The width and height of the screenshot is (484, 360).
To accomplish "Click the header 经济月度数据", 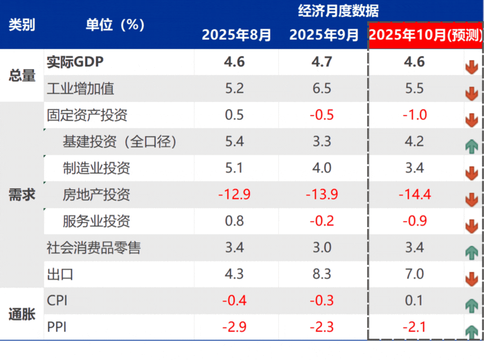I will (338, 11).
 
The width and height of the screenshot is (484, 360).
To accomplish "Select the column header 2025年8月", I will (236, 35).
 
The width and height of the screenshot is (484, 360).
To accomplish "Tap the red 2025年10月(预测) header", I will (425, 36).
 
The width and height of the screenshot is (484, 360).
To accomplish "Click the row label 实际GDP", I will (75, 62).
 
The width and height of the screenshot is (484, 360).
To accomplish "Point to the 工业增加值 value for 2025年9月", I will (321, 88).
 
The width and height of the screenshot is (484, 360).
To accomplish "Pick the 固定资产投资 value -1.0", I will (414, 115).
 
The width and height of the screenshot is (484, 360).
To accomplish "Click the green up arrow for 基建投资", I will (471, 147).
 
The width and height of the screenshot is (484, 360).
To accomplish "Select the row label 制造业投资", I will (96, 168).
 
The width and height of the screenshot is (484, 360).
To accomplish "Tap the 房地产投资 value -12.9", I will (234, 195).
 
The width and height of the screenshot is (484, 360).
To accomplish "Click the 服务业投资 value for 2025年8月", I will (234, 221).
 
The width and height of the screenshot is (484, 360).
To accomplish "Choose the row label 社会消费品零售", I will (93, 248).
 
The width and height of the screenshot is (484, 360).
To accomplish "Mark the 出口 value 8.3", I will (321, 274).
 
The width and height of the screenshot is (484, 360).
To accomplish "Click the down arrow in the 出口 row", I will (471, 279).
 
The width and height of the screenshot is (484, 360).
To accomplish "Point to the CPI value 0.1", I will (414, 300).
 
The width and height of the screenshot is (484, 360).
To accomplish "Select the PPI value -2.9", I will (234, 327).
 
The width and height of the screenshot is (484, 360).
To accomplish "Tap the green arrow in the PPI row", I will (471, 332).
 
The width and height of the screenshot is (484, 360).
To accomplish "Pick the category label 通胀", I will (22, 314).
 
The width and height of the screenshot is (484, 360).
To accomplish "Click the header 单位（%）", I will (115, 25).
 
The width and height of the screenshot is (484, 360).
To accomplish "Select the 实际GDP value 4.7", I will (321, 62).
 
